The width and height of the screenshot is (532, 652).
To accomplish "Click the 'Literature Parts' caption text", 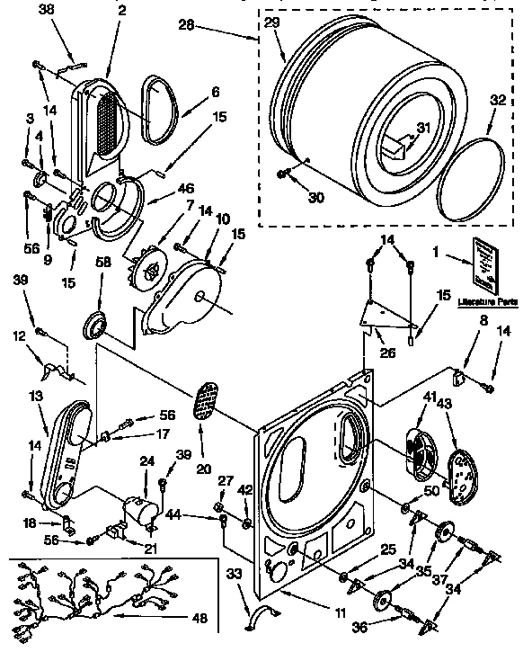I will (489, 302).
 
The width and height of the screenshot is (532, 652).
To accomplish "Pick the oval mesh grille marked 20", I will (206, 400).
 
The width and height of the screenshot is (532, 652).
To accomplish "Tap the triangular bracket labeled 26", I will (386, 315).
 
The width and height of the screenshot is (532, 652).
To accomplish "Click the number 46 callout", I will (187, 191).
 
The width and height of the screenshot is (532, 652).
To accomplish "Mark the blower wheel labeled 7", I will (147, 270).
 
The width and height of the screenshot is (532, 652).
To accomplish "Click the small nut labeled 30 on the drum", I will (284, 173).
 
